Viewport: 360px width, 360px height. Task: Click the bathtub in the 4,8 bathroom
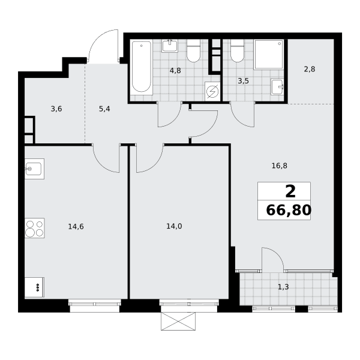click(142, 67)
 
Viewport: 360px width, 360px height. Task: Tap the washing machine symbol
click(212, 92)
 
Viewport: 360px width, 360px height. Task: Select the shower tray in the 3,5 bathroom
click(269, 55)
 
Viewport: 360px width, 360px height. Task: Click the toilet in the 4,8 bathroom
click(194, 50)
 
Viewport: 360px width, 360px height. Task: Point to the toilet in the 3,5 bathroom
click(237, 50)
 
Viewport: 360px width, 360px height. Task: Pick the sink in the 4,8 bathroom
click(170, 46)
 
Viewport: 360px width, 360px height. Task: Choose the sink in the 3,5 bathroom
click(277, 87)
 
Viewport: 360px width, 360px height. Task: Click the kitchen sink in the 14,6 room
click(34, 169)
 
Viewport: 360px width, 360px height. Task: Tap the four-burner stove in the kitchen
click(35, 228)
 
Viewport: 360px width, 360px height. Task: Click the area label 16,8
click(280, 166)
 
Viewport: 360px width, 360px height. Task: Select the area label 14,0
click(174, 226)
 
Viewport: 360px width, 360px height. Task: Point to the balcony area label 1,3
click(283, 287)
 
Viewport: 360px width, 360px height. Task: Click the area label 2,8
click(310, 69)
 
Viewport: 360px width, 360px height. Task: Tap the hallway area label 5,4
click(104, 109)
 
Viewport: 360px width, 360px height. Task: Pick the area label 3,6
click(56, 109)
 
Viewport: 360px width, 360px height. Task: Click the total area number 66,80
click(289, 210)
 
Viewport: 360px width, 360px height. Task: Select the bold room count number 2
click(290, 192)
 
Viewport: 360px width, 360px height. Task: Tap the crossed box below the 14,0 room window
click(178, 322)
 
